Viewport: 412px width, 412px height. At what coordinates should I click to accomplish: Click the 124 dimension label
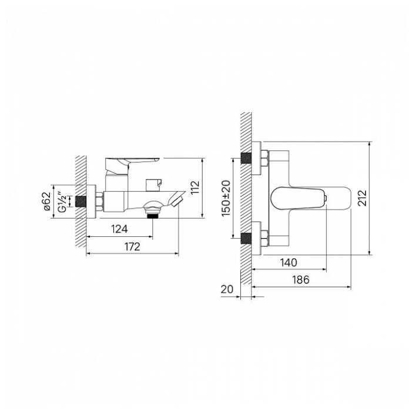119,229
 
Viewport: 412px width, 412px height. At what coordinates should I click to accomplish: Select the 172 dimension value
132,246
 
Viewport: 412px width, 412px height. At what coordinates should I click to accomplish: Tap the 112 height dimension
195,187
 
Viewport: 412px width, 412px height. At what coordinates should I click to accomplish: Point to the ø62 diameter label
46,201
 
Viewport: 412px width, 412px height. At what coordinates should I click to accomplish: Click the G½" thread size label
62,202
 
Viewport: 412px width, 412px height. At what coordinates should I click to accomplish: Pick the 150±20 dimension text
226,199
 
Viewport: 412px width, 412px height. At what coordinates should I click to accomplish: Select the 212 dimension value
363,198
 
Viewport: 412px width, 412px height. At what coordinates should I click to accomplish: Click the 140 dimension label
289,262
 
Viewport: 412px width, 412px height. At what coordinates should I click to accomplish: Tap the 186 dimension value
301,280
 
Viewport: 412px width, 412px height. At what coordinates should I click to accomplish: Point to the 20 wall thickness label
227,289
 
